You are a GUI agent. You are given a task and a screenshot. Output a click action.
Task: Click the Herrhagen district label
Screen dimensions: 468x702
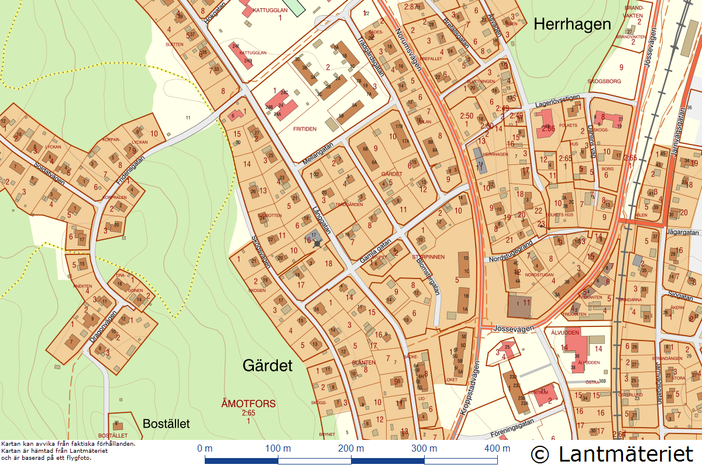572,24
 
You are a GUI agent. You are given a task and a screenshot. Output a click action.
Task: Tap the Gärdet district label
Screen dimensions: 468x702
267,366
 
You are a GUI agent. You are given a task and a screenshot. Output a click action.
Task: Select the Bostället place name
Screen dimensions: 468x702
167,423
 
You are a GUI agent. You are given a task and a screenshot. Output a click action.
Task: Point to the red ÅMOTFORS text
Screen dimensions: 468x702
249,404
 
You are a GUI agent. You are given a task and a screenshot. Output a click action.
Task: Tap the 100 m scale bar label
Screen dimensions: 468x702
278,449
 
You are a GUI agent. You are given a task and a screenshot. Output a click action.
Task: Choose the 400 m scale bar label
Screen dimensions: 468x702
497,449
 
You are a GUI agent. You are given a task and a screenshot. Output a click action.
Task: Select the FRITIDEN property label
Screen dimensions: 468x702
304,129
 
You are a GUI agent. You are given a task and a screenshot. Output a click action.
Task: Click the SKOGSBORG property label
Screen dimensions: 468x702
604,81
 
